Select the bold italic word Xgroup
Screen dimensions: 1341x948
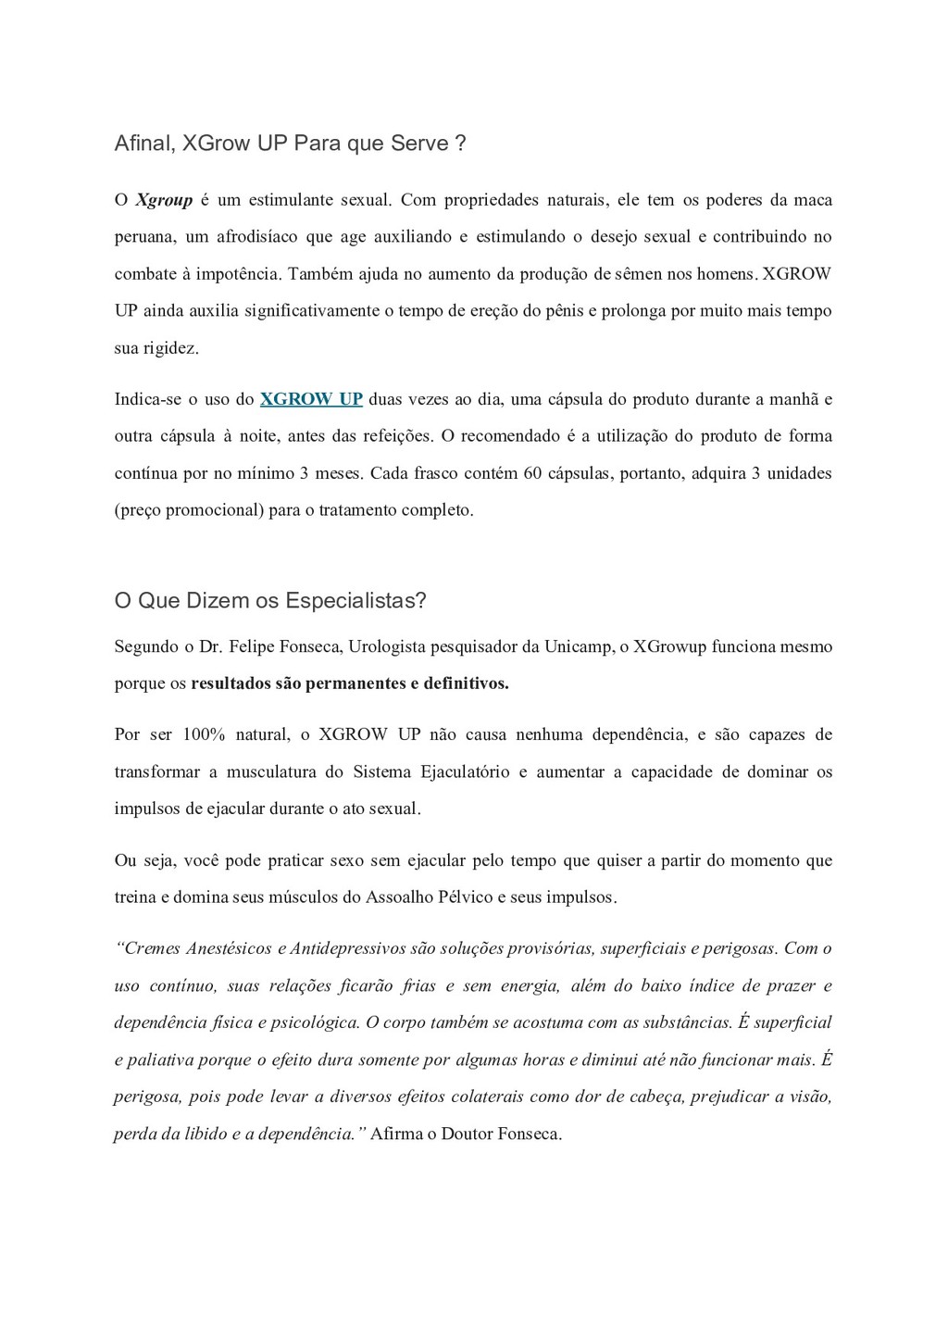[x=164, y=200]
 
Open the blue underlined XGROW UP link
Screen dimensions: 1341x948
[x=311, y=399]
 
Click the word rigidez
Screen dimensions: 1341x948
[x=170, y=348]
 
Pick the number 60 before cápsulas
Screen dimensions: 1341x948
[x=532, y=473]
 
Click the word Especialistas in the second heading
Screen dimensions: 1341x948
[x=355, y=600]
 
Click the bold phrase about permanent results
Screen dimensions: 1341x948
[x=350, y=683]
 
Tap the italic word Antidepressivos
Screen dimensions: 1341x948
[x=346, y=948]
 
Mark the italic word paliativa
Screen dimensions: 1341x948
[x=159, y=1059]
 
